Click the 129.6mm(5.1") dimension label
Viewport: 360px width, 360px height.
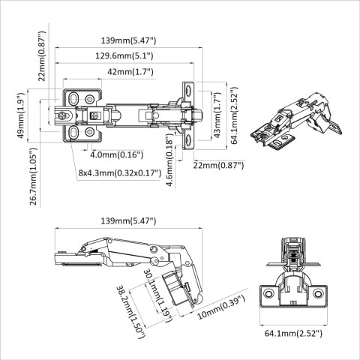coord(127,55)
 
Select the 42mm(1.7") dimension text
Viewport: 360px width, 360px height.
coord(129,72)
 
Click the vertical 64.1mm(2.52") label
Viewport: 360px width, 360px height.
coord(234,118)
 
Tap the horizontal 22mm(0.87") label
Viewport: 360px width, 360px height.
coord(218,165)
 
